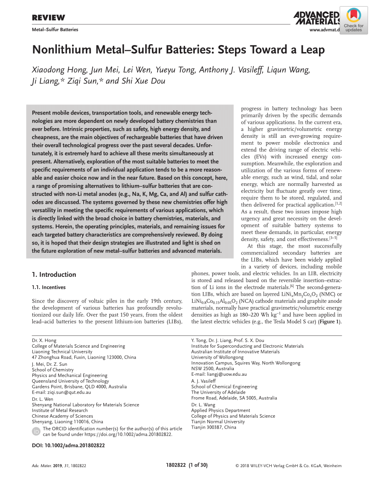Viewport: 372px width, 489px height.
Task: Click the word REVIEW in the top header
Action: tap(49, 17)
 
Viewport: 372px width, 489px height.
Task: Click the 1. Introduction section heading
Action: tap(54, 275)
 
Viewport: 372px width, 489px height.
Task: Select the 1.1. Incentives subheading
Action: tap(49, 287)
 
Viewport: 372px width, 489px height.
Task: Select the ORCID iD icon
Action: tap(36, 431)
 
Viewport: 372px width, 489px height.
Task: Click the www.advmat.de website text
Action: tap(324, 30)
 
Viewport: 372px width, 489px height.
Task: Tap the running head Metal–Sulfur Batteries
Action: tap(55, 30)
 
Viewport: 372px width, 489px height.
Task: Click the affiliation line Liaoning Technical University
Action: tap(62, 352)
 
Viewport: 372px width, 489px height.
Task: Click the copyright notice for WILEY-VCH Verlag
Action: tap(288, 466)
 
